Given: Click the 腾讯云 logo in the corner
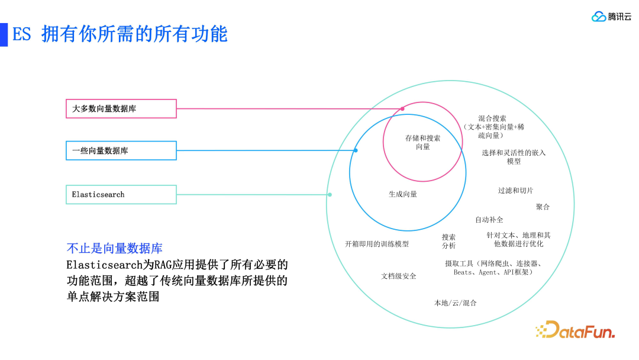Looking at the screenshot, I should pos(611,17).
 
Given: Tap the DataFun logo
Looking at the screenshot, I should pos(575,330).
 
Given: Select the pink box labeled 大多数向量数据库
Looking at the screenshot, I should pos(121,109).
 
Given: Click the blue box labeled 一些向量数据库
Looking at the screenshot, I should pos(121,151).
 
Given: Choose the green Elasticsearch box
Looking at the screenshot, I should pos(121,195).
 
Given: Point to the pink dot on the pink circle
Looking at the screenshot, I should pos(402,109).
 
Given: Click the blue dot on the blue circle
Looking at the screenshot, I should pos(356,150).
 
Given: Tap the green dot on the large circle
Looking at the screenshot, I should pos(330,194).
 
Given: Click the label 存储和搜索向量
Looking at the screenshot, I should pos(422,142).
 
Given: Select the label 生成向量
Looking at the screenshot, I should pos(403,194).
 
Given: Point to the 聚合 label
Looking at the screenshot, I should pos(543,207).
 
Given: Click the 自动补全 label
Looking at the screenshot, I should pos(489,220).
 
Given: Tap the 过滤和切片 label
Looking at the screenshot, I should pos(515,191).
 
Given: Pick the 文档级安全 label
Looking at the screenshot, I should pos(399,277).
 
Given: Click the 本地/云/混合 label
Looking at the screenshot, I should pos(456,303).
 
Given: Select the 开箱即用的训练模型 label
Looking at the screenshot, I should pos(377,244).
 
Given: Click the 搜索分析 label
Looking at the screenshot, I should pos(448,241).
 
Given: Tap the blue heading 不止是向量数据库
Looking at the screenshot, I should pos(114,249).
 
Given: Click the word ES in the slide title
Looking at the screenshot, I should pos(21,34).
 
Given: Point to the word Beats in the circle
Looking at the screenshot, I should pos(463,272).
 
